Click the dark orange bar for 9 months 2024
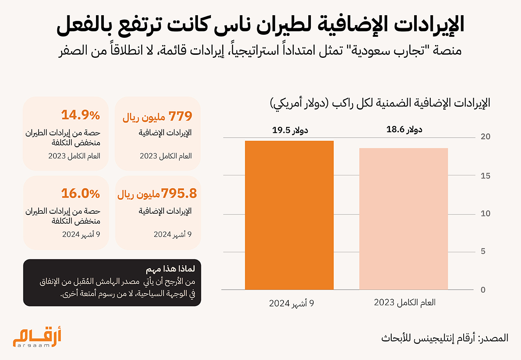[289, 215]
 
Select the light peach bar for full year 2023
[403, 219]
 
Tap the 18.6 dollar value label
[404, 129]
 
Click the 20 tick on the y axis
[485, 137]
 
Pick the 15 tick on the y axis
[485, 176]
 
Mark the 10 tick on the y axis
[485, 213]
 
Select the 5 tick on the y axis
[483, 251]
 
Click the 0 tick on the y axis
[483, 290]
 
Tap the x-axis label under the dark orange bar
[291, 303]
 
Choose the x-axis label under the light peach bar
[405, 302]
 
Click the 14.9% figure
[80, 115]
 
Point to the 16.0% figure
[80, 193]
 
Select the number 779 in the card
[180, 116]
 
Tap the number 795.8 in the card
[179, 193]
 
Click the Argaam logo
[37, 337]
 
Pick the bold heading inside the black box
[171, 269]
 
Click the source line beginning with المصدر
[445, 338]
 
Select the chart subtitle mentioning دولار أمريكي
[380, 103]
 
